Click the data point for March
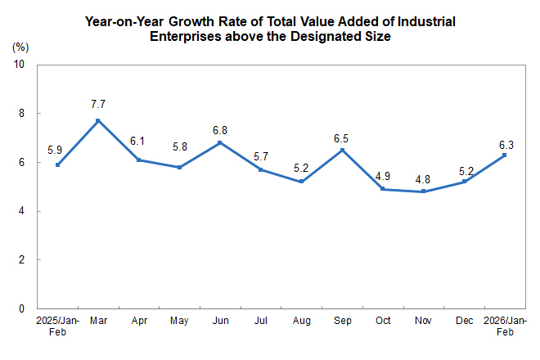[x=98, y=120]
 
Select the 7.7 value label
[x=98, y=105]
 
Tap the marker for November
[x=424, y=191]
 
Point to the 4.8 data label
[x=424, y=176]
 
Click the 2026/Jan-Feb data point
[x=504, y=155]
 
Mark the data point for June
[x=220, y=142]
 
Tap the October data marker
[x=383, y=189]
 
